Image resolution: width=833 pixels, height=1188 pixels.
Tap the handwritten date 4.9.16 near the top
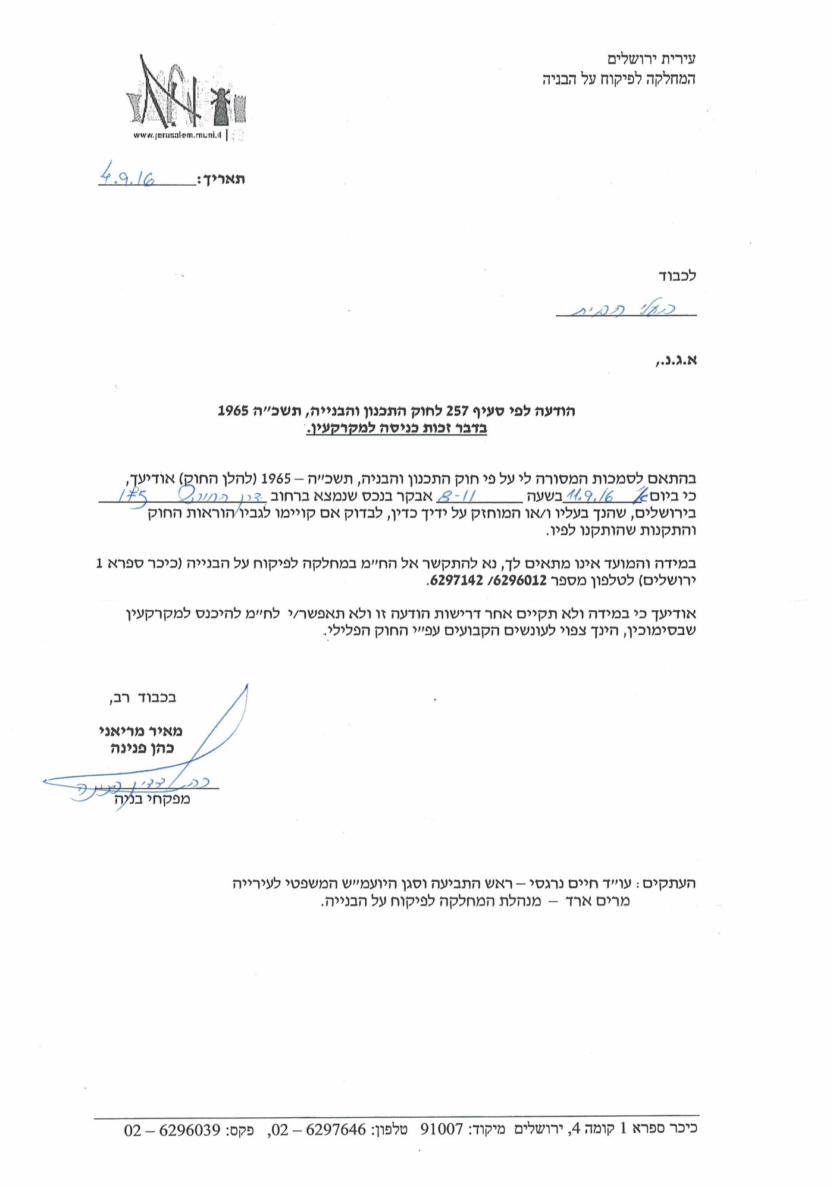point(127,176)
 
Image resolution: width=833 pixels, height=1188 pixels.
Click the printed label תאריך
point(221,180)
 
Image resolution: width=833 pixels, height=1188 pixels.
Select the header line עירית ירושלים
point(652,59)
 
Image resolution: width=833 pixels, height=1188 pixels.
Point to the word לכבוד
point(677,275)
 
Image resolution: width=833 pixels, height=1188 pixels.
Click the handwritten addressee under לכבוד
point(625,308)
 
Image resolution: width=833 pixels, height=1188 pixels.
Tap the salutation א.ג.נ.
point(676,361)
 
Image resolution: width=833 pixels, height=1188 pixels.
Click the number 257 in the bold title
point(457,410)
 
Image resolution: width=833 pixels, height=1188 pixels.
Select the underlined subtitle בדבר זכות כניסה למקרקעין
point(396,428)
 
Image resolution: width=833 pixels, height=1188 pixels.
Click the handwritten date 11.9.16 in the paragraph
point(590,496)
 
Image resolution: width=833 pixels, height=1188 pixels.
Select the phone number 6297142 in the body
point(456,580)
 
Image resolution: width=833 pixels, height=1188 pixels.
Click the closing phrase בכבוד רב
point(143,697)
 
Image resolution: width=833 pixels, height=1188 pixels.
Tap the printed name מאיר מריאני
point(141,731)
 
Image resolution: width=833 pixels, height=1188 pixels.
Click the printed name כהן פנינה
point(142,748)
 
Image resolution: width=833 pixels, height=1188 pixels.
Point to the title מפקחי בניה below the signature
point(152,799)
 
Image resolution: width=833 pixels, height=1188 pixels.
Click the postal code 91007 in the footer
point(441,1129)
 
